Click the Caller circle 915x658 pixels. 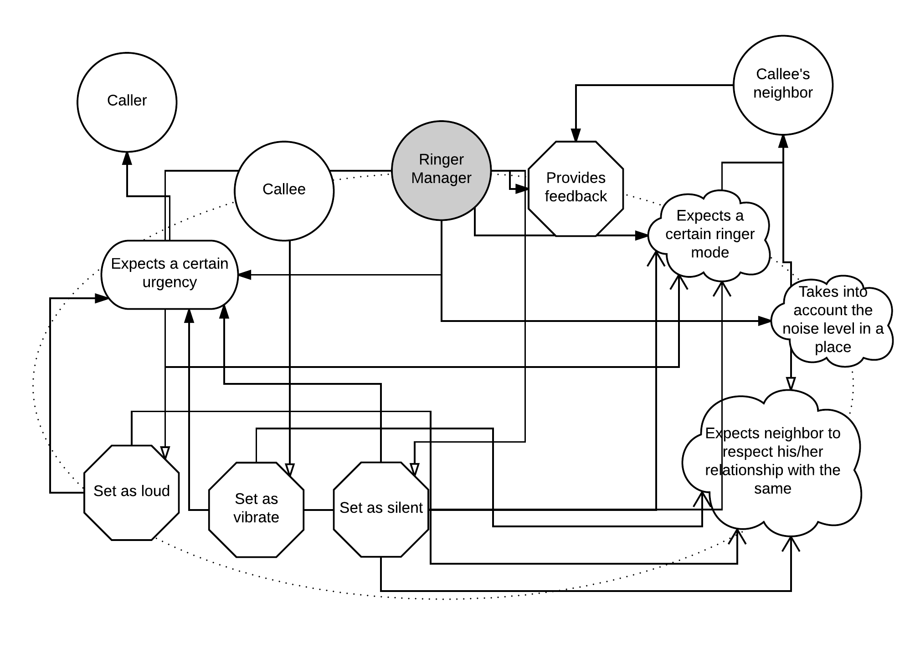pos(127,102)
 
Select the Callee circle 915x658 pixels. pos(284,191)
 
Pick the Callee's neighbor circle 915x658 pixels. pos(783,85)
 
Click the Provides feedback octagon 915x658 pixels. pos(576,189)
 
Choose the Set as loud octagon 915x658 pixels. pos(131,492)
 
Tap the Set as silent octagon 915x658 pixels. pos(381,509)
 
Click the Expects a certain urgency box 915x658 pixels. pos(170,274)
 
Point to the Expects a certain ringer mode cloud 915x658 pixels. pos(709,235)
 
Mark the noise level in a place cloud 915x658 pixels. pos(833,320)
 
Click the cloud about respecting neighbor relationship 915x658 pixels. pos(772,461)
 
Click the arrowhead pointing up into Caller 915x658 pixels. pos(127,158)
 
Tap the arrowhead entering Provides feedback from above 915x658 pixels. pos(576,135)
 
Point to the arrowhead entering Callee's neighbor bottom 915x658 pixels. pos(783,141)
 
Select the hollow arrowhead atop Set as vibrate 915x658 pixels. pos(290,470)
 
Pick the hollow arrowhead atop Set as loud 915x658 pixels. pos(165,452)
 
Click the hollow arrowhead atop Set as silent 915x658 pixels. pos(414,469)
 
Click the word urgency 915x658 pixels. pos(170,282)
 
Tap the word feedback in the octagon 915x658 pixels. pos(576,196)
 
